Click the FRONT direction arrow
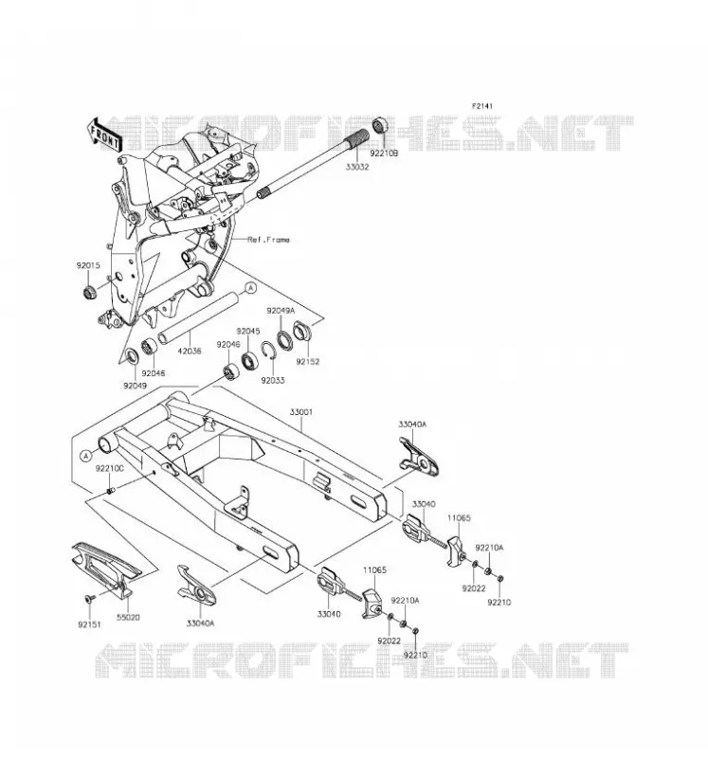(104, 135)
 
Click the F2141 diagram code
(482, 106)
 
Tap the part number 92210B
(384, 153)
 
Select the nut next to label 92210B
(380, 125)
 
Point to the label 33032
(357, 167)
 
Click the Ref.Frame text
(268, 240)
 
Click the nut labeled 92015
(89, 292)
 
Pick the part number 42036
(190, 351)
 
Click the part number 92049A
(281, 311)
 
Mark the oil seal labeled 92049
(132, 357)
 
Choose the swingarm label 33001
(300, 412)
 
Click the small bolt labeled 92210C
(110, 491)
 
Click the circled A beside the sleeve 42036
(250, 288)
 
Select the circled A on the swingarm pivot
(85, 456)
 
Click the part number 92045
(248, 331)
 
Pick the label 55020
(128, 618)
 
